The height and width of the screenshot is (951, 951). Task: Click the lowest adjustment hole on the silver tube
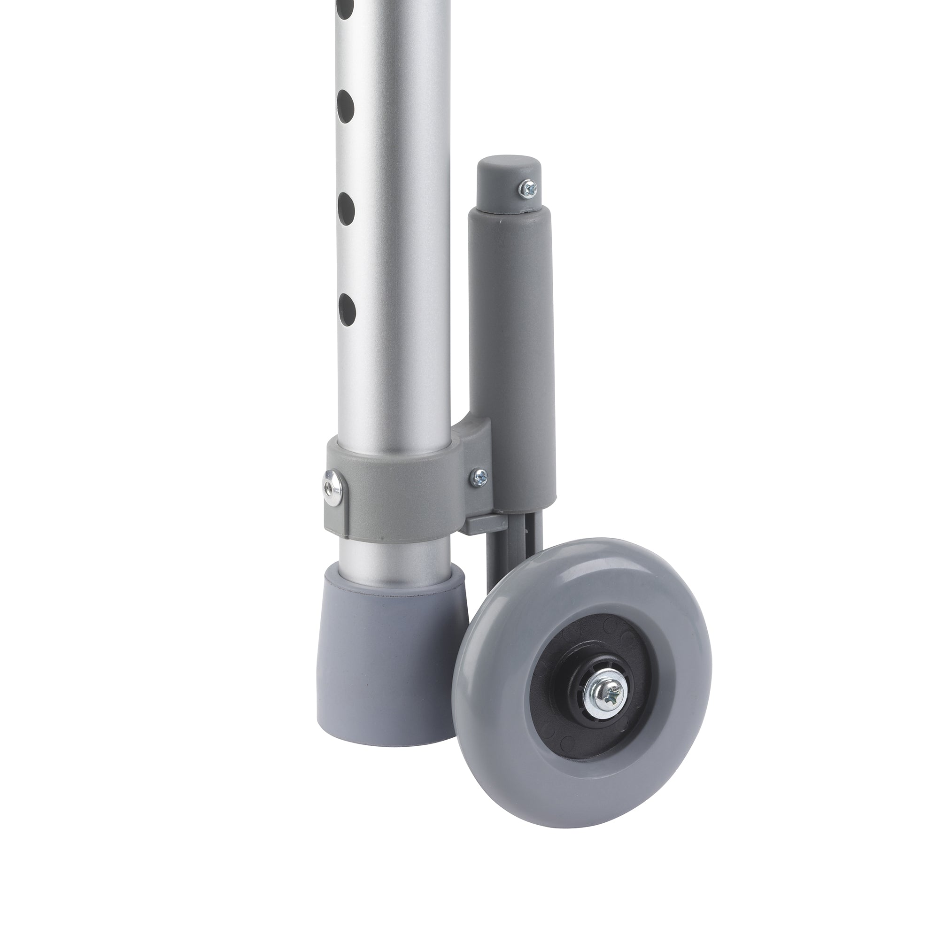pos(347,306)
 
